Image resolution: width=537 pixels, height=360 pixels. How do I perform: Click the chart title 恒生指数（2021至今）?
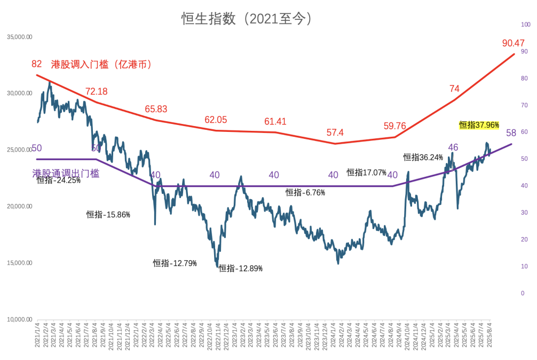(x=247, y=19)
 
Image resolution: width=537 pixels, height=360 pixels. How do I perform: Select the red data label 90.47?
(x=514, y=43)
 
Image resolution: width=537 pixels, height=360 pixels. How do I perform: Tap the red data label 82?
(x=36, y=64)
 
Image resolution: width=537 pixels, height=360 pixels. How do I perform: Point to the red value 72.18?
(x=97, y=91)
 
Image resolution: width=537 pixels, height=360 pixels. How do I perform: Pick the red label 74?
(x=454, y=89)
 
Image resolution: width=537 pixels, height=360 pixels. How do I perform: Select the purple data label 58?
(x=511, y=133)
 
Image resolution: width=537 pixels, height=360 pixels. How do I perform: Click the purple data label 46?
(x=453, y=147)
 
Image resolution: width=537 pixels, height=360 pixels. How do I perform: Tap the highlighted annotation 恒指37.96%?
(x=479, y=125)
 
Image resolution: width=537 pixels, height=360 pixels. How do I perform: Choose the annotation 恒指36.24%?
(x=423, y=157)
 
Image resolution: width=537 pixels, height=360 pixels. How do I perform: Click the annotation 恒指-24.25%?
(x=59, y=180)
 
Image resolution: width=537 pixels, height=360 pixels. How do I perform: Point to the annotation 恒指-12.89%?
(x=240, y=268)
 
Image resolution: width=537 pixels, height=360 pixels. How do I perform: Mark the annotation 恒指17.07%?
(x=366, y=173)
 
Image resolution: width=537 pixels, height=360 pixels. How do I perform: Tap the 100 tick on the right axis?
(x=526, y=25)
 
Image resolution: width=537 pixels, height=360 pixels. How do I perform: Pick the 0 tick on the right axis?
(x=523, y=293)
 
